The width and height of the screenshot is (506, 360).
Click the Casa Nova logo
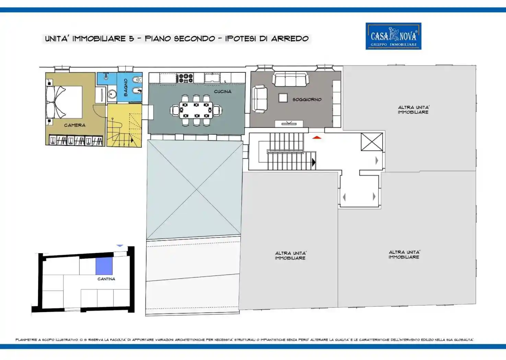pos(393,36)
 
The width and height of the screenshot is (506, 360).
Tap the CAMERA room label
pos(74,125)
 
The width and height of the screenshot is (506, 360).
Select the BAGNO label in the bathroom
pos(126,87)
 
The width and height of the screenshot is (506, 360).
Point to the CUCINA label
pos(223,92)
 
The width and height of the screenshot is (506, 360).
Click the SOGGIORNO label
pos(307,99)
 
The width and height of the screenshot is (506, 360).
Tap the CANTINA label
pos(106,279)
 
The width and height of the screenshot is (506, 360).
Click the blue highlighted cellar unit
pos(104,266)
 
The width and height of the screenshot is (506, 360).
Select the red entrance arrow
pos(317,137)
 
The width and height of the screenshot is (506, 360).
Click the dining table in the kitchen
pos(196,110)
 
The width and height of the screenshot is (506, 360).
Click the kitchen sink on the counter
pos(212,77)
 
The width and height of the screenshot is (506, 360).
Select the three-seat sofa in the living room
pos(290,79)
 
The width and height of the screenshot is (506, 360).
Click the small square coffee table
pos(283,98)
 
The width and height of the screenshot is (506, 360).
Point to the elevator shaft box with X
pos(372,142)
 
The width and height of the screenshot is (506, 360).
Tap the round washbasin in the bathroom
pos(111,94)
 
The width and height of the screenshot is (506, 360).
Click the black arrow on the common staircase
pos(314,162)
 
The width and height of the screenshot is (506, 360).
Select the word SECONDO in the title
pos(194,39)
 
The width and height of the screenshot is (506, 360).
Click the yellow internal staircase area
pos(124,125)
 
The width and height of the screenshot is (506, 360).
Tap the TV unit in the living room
pos(289,124)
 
